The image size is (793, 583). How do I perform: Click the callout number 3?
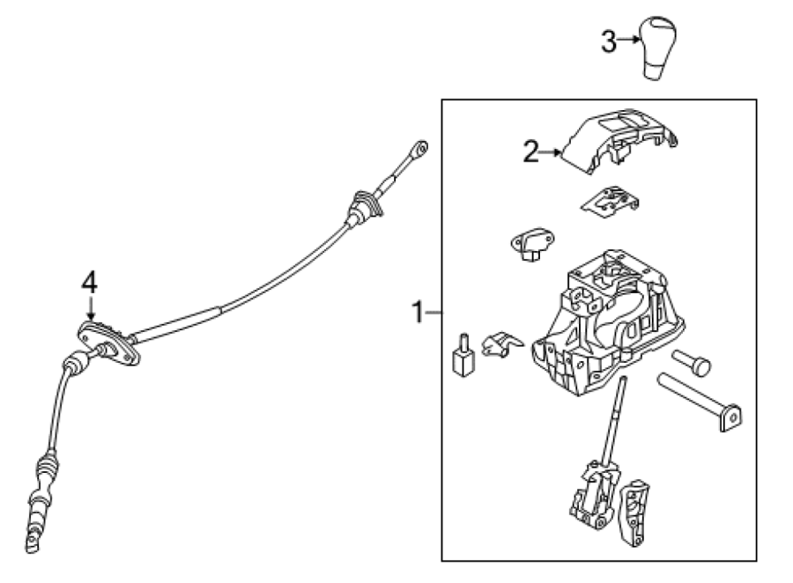tap(608, 41)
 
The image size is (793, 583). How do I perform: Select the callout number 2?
tap(530, 151)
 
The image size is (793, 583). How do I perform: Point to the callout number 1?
tap(418, 312)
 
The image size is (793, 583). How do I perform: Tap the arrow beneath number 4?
tap(91, 308)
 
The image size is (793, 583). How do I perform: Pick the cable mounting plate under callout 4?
tap(108, 343)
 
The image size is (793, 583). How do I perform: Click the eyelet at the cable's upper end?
tap(419, 148)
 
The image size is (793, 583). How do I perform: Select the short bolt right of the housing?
tap(692, 363)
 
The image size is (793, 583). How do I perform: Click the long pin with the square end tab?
tap(700, 402)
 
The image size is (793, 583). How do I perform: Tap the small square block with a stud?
tap(463, 357)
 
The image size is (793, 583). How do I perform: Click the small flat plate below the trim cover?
tap(610, 200)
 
